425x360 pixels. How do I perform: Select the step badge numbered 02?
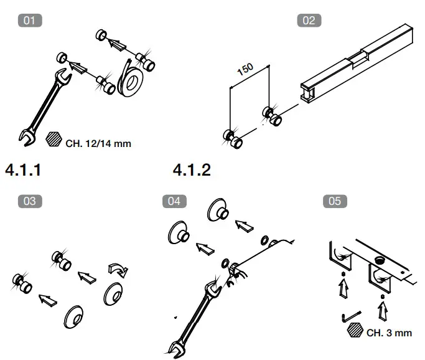[308, 20]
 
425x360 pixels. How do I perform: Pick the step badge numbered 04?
[174, 201]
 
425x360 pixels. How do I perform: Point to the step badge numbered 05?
[335, 201]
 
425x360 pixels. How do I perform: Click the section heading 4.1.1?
[23, 169]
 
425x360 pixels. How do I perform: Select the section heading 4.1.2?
[192, 169]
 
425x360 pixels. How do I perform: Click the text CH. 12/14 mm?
[98, 143]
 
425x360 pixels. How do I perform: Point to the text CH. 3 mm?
[389, 333]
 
